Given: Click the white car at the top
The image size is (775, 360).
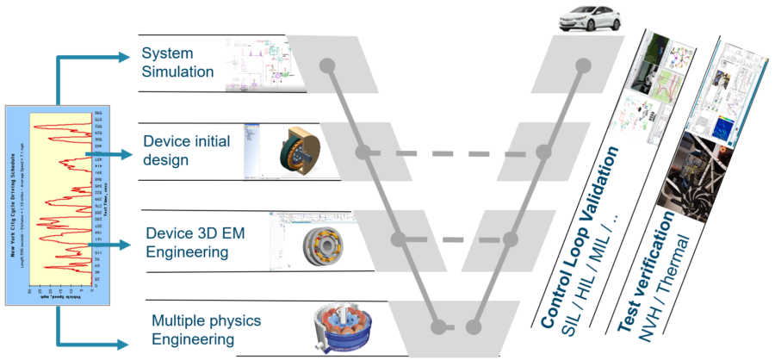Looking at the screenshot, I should coord(586,19).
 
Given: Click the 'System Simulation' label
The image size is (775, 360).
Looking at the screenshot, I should coord(177,63).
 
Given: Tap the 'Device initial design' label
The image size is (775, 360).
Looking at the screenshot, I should coord(185,150).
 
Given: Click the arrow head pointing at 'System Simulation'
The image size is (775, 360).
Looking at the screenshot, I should coord(131,59).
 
